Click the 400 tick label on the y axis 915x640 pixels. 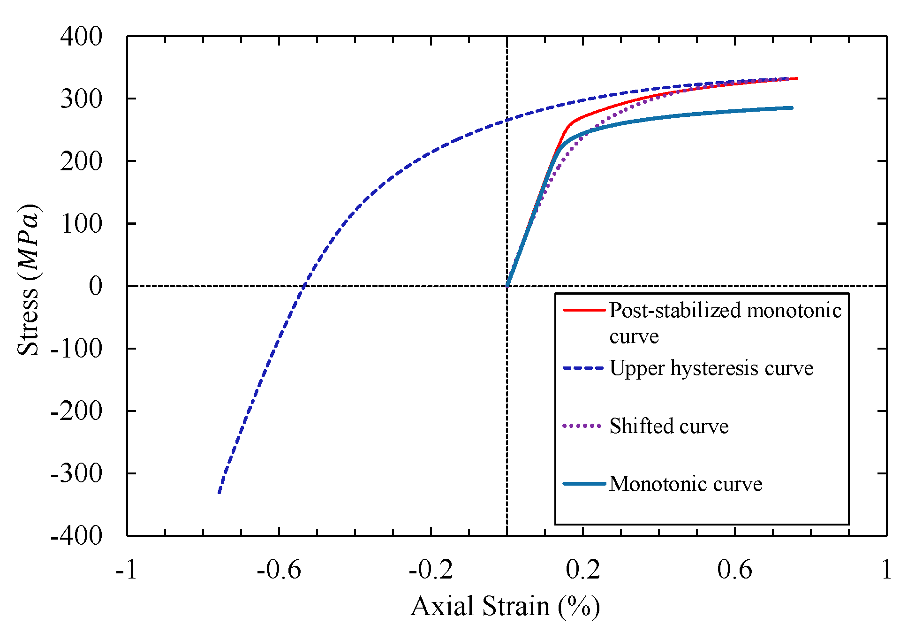(81, 37)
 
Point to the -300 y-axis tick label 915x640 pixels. (76, 474)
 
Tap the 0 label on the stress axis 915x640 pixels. (95, 286)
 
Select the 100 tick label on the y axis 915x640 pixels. (81, 224)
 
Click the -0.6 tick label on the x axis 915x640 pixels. (279, 570)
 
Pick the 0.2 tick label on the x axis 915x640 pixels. (582, 570)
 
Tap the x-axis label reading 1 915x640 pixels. (886, 570)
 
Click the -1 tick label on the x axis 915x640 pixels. (127, 570)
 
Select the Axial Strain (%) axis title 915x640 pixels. (505, 606)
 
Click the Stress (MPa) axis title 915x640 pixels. (28, 280)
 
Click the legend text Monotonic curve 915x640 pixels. (685, 484)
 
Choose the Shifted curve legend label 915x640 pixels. (669, 426)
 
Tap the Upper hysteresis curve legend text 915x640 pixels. (711, 368)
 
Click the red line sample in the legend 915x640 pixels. (584, 310)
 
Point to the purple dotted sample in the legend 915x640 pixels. (582, 426)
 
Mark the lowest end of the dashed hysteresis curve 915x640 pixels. (219, 493)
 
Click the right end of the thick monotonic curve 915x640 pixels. (792, 108)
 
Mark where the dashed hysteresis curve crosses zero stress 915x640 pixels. (303, 286)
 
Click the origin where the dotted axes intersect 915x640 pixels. (507, 286)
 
